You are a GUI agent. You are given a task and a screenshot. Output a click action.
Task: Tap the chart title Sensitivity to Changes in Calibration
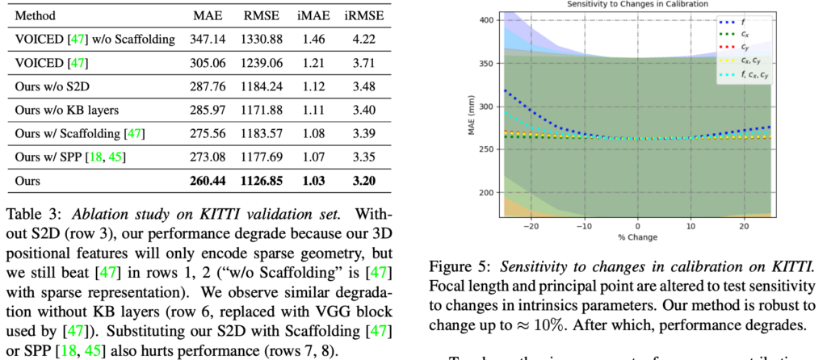(x=637, y=5)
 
